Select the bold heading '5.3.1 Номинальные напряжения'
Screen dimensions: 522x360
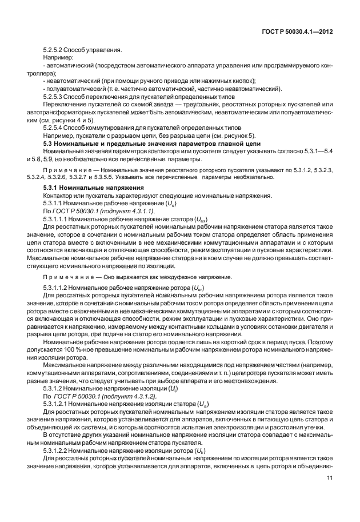coord(94,188)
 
